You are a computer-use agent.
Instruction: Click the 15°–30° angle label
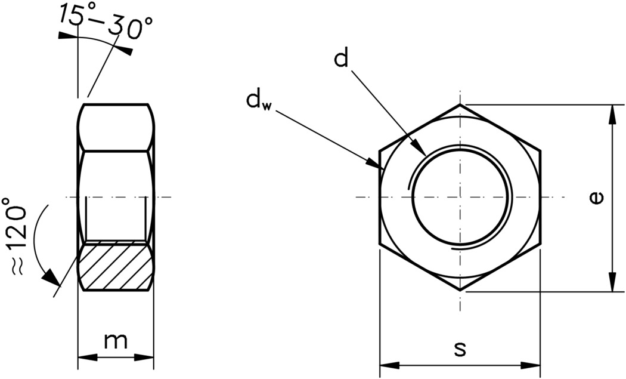[x=106, y=22]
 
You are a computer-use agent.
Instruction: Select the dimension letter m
[x=116, y=341]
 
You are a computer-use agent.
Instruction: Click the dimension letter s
[x=460, y=349]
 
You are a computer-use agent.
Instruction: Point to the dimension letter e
[x=596, y=198]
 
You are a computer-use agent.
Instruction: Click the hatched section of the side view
[x=116, y=267]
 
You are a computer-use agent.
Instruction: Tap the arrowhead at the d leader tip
[x=421, y=151]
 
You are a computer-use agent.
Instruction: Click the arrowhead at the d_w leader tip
[x=376, y=165]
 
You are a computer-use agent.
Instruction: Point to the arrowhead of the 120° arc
[x=51, y=277]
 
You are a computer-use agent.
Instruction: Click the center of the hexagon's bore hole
[x=460, y=198]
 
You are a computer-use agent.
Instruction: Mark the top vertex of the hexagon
[x=460, y=104]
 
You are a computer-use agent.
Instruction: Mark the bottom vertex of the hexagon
[x=460, y=291]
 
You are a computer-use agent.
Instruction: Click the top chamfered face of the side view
[x=116, y=127]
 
